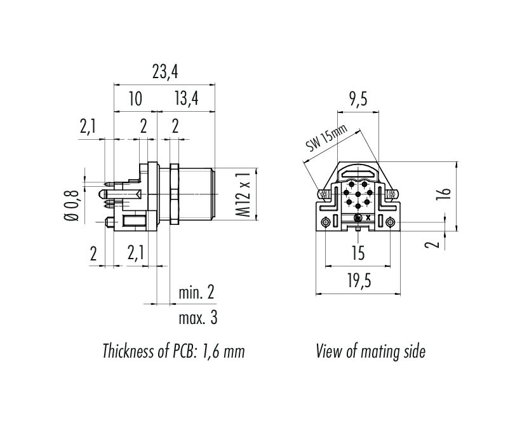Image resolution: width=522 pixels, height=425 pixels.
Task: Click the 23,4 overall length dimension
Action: [164, 72]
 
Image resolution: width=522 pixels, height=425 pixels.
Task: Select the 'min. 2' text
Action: [196, 293]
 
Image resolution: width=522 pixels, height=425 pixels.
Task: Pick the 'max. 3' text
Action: [197, 318]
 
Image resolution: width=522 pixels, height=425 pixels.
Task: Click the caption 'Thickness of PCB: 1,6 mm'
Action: [173, 351]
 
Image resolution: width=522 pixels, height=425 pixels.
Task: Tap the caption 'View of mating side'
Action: [370, 351]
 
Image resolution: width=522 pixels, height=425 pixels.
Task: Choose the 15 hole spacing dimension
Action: [358, 254]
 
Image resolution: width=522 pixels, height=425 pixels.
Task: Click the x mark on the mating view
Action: [369, 218]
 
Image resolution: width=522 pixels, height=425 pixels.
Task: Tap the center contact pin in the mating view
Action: [358, 194]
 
